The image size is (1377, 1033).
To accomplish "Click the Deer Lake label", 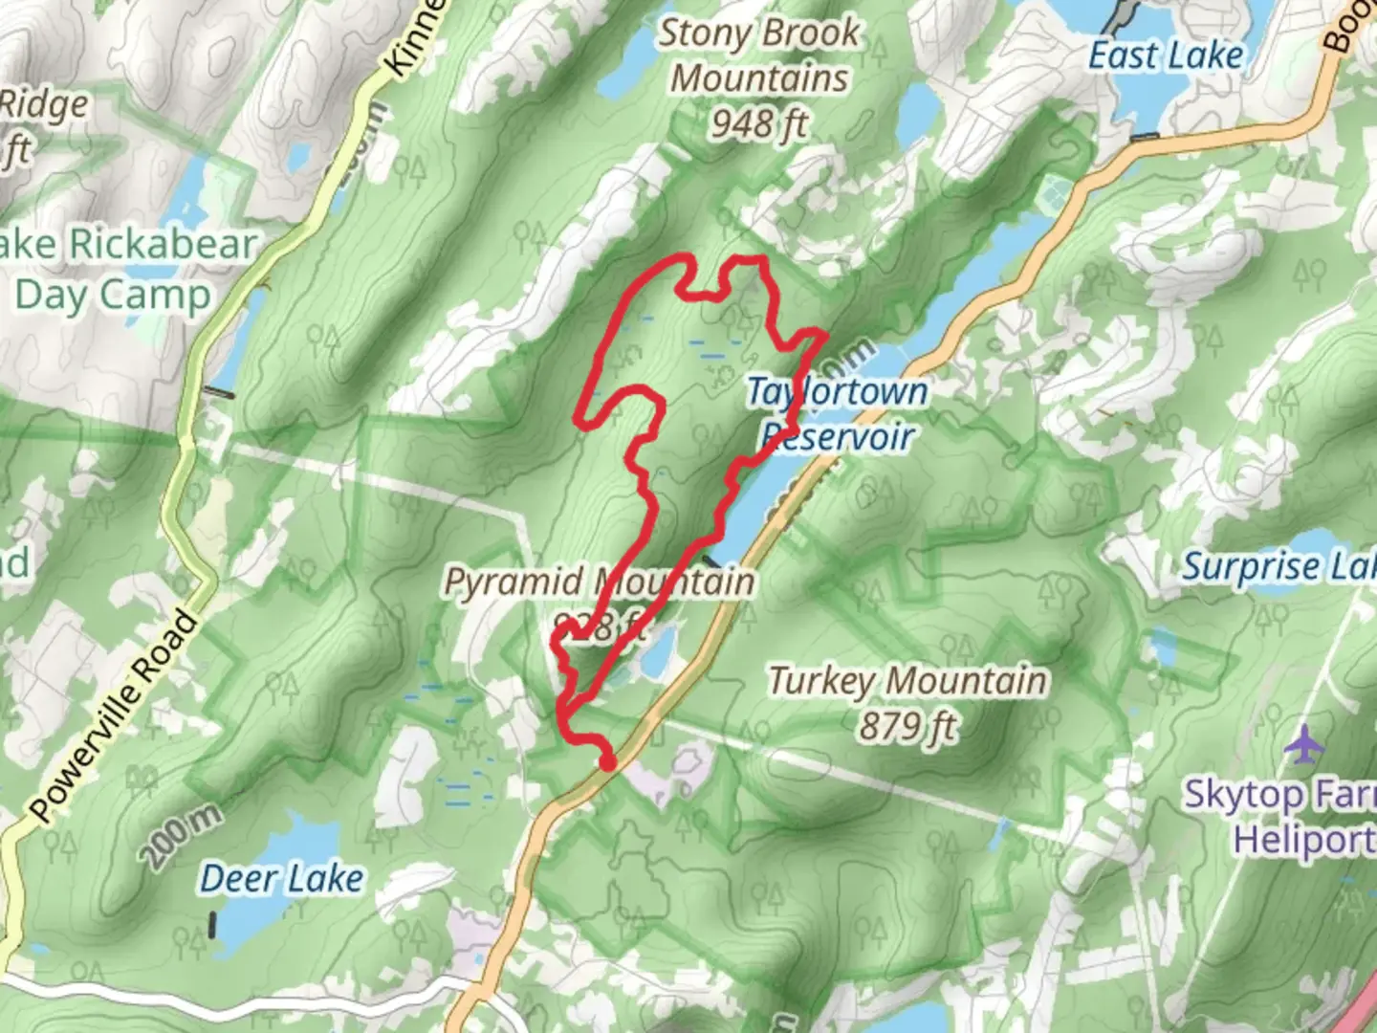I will pyautogui.click(x=282, y=878).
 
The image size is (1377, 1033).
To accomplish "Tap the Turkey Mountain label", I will pyautogui.click(x=907, y=681).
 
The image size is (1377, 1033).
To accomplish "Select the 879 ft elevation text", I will pyautogui.click(x=907, y=727).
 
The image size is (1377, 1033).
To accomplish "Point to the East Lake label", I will pyautogui.click(x=1166, y=55).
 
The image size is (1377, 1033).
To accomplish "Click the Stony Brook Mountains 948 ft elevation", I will pyautogui.click(x=758, y=122).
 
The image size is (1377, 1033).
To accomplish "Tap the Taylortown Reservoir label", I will pyautogui.click(x=837, y=414).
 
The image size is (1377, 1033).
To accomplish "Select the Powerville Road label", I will pyautogui.click(x=116, y=715).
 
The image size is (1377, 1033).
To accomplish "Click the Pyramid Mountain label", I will pyautogui.click(x=599, y=582).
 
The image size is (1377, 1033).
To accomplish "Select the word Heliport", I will pyautogui.click(x=1303, y=840).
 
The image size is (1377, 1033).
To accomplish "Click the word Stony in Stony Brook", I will pyautogui.click(x=705, y=33).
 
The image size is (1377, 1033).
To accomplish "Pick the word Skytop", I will pyautogui.click(x=1244, y=794).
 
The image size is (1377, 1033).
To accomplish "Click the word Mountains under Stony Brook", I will pyautogui.click(x=759, y=78).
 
